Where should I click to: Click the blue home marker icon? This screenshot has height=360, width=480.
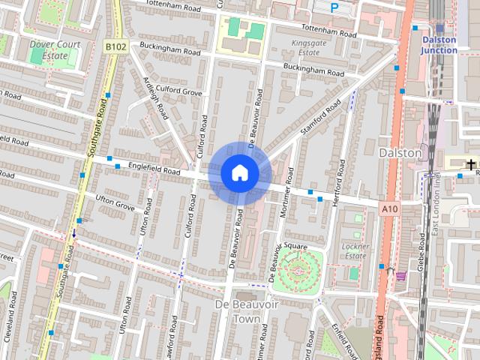tap(239, 172)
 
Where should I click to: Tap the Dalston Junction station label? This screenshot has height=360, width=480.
tap(439, 45)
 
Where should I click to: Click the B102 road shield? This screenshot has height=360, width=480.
tap(115, 46)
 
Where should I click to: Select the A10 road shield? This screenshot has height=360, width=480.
tap(388, 208)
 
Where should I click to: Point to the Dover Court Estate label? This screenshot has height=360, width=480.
tap(53, 49)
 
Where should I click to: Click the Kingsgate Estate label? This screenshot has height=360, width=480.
tap(308, 48)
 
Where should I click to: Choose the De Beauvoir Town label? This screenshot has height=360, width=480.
tap(241, 311)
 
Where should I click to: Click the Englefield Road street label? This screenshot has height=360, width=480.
tap(154, 170)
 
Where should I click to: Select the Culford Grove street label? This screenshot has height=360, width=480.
tap(178, 91)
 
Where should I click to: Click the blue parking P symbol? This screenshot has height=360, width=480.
tap(334, 7)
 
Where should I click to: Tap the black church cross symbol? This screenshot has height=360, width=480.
tap(471, 164)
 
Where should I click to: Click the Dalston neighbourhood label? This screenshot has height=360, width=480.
tap(400, 152)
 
